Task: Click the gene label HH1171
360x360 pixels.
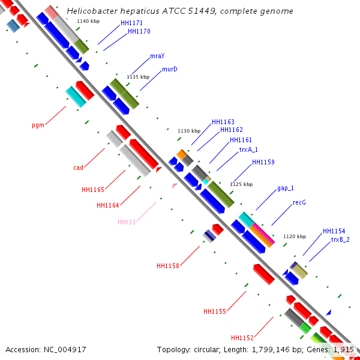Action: click(132, 23)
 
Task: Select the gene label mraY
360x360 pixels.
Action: click(157, 56)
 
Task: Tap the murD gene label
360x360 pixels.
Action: click(170, 69)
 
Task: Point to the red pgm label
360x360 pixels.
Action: click(38, 125)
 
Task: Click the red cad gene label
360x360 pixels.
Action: click(78, 167)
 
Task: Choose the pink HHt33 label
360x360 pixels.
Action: click(127, 222)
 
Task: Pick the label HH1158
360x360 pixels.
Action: click(168, 266)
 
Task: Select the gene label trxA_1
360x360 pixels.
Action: click(248, 149)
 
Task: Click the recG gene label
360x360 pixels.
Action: click(299, 202)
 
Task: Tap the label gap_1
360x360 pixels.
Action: click(286, 188)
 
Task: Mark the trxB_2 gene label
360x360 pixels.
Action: click(340, 239)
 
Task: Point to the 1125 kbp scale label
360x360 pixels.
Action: click(241, 184)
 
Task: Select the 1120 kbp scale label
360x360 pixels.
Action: click(294, 236)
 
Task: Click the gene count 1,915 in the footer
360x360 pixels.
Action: click(343, 349)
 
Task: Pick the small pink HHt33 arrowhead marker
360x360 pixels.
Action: click(175, 186)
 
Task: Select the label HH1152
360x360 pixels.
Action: click(242, 338)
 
